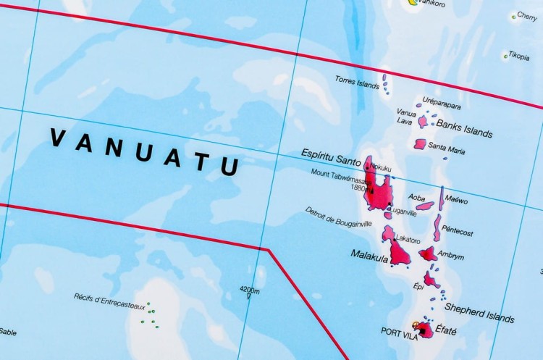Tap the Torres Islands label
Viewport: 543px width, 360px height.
tap(357, 82)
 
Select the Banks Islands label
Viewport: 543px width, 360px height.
tap(464, 127)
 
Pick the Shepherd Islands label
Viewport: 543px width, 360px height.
tap(479, 312)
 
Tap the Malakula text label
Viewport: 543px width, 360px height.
tap(368, 254)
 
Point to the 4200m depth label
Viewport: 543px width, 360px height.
tap(248, 288)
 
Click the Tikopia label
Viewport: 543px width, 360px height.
tap(518, 56)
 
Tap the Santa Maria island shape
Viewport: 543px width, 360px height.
tap(420, 144)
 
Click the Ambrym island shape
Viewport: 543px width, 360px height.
tap(429, 254)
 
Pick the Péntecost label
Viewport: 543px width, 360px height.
tap(457, 233)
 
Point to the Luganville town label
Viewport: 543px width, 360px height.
tap(403, 212)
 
